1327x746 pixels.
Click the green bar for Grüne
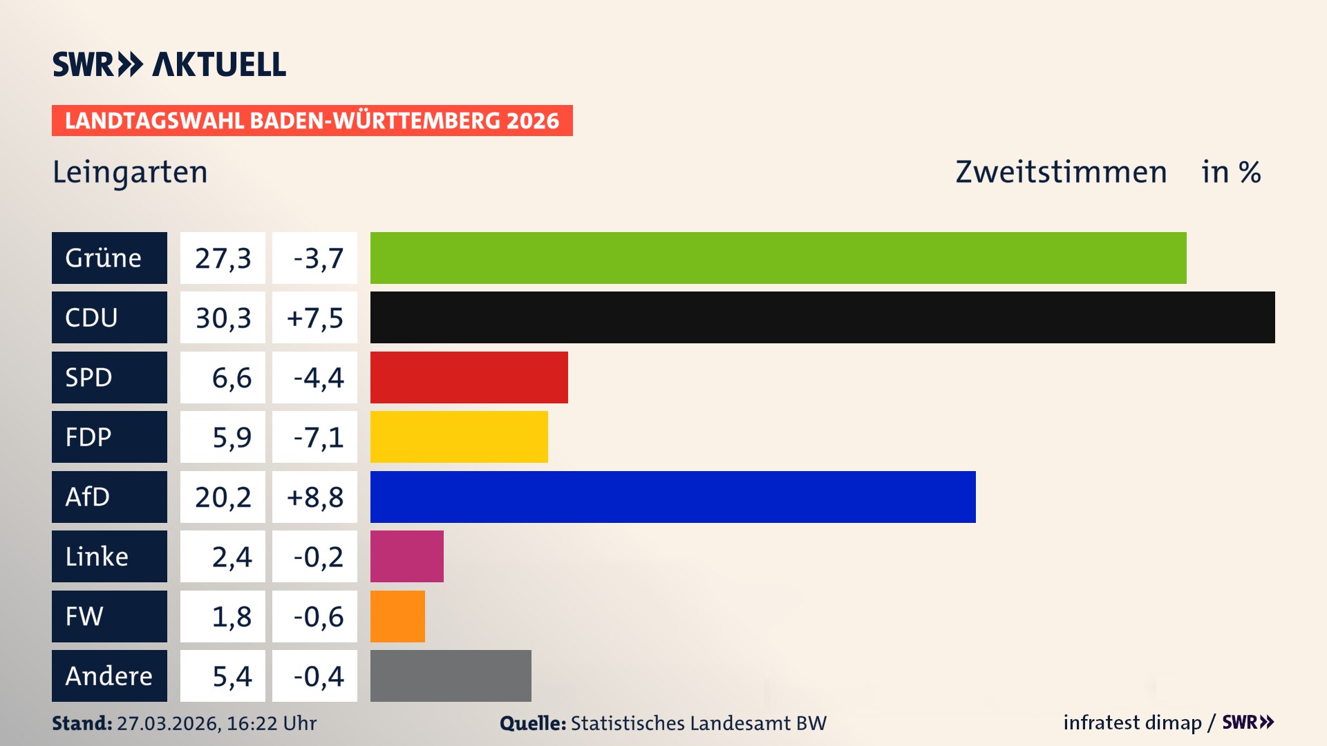pyautogui.click(x=778, y=258)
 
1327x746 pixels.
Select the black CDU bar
pyautogui.click(x=822, y=317)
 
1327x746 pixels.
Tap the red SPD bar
pyautogui.click(x=469, y=377)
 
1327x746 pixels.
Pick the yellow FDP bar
pyautogui.click(x=459, y=437)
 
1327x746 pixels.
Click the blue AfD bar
pyautogui.click(x=672, y=497)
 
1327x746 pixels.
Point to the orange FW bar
pyautogui.click(x=397, y=616)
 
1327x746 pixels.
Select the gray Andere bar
pyautogui.click(x=451, y=676)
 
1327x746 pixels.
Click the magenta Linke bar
pyautogui.click(x=406, y=556)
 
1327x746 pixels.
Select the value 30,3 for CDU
pyautogui.click(x=223, y=318)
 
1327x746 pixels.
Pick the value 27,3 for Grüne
pyautogui.click(x=223, y=258)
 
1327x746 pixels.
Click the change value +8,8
pyautogui.click(x=314, y=497)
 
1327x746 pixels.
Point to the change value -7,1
pyautogui.click(x=318, y=437)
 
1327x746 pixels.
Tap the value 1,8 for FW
pyautogui.click(x=231, y=616)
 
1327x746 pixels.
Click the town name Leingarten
pyautogui.click(x=130, y=172)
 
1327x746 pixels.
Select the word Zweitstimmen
pyautogui.click(x=1061, y=172)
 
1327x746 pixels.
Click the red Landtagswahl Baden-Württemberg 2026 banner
pyautogui.click(x=312, y=121)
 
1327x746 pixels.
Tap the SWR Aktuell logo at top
pyautogui.click(x=169, y=64)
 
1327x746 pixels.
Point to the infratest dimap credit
pyautogui.click(x=1132, y=723)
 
